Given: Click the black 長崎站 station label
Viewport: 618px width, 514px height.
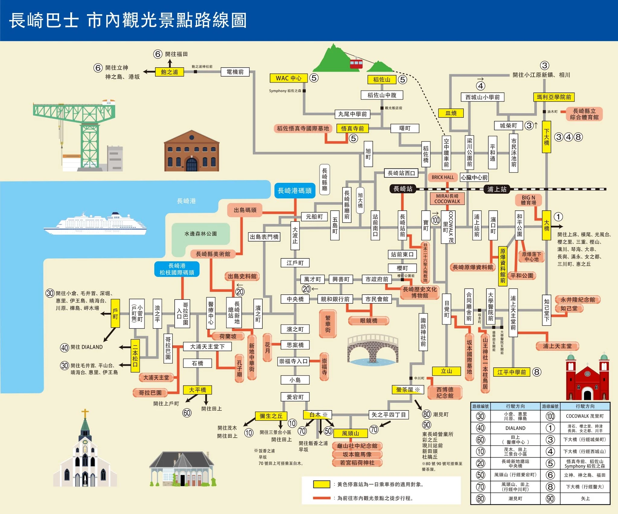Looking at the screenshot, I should tap(403, 189).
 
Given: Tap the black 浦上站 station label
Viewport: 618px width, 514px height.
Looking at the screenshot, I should tap(497, 189).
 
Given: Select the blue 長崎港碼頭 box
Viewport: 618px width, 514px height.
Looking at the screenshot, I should tap(295, 191).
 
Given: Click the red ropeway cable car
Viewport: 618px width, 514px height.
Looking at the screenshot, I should tap(356, 64).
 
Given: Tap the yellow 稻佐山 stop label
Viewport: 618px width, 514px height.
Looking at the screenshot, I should tap(381, 80).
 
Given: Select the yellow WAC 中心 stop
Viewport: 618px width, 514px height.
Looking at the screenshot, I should tap(288, 78).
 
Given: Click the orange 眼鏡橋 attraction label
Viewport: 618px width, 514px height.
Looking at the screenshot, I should tap(368, 321).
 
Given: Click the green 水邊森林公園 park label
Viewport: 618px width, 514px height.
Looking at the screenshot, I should tap(200, 234).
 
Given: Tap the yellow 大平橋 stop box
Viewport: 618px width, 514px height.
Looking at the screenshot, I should tap(197, 390).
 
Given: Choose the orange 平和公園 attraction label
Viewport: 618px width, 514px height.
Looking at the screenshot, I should tap(521, 276).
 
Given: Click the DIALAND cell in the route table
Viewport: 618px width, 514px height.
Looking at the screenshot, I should tap(515, 428).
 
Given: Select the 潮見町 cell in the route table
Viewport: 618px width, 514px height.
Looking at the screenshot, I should tap(515, 499).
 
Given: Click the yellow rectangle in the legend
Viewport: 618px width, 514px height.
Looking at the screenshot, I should tap(321, 484).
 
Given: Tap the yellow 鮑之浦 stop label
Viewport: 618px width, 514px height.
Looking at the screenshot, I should tap(169, 72).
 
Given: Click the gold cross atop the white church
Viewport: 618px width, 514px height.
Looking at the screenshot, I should tap(85, 413).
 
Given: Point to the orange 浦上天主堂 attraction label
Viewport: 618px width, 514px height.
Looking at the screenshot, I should tap(557, 346).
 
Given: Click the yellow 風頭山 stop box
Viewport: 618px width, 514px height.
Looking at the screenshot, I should tap(350, 433).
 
